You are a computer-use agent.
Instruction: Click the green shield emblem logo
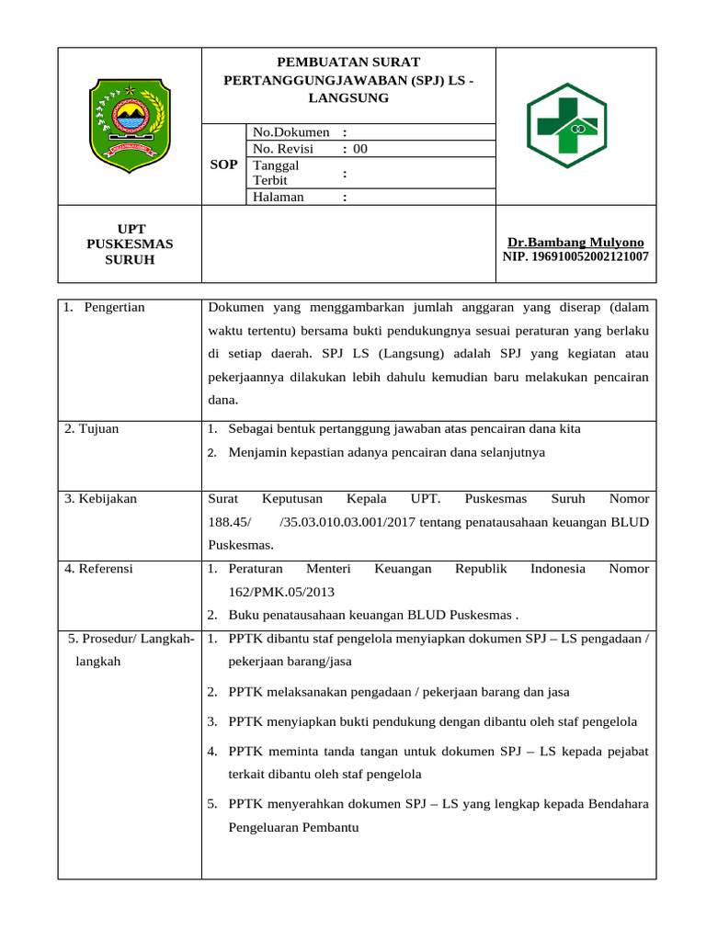pyautogui.click(x=129, y=126)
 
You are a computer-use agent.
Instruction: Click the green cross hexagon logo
pyautogui.click(x=565, y=126)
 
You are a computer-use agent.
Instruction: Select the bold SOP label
pyautogui.click(x=224, y=164)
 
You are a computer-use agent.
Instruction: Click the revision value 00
pyautogui.click(x=359, y=149)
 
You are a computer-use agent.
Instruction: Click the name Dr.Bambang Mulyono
pyautogui.click(x=575, y=243)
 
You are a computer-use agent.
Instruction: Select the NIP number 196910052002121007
pyautogui.click(x=575, y=256)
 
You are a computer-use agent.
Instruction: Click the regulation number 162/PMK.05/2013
pyautogui.click(x=281, y=592)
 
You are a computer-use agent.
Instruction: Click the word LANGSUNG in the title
pyautogui.click(x=348, y=97)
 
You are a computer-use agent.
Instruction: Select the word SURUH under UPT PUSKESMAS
pyautogui.click(x=129, y=260)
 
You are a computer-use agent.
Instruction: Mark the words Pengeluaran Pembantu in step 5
pyautogui.click(x=293, y=827)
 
